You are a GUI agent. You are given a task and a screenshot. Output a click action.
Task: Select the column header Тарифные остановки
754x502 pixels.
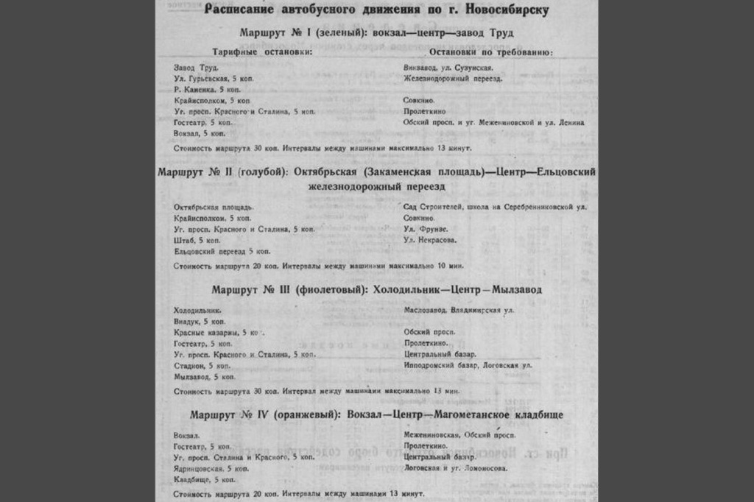click(x=263, y=52)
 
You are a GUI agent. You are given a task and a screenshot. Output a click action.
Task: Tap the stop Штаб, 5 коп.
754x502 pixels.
click(x=197, y=240)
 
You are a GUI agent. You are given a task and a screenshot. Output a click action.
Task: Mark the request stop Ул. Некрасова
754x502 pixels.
click(x=429, y=240)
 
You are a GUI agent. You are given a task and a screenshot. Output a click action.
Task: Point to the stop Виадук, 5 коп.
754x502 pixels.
click(x=199, y=322)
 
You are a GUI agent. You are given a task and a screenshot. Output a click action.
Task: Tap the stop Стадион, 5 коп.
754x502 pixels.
click(x=202, y=365)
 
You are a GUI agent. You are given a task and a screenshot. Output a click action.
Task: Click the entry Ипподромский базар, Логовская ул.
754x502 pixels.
click(x=468, y=365)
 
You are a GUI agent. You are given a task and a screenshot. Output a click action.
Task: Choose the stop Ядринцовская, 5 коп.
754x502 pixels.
click(x=211, y=468)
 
